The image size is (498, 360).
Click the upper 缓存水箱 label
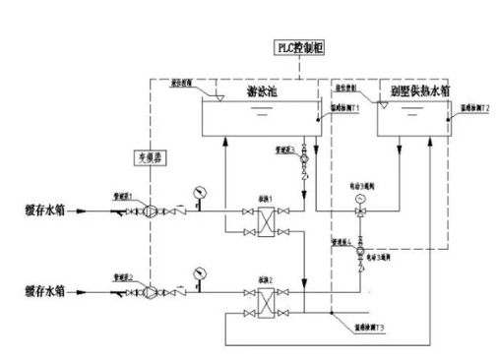(x=44, y=210)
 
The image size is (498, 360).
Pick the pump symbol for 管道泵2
(x=139, y=291)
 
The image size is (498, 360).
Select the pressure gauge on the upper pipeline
(x=200, y=188)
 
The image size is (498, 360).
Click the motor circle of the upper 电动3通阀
(x=359, y=197)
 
